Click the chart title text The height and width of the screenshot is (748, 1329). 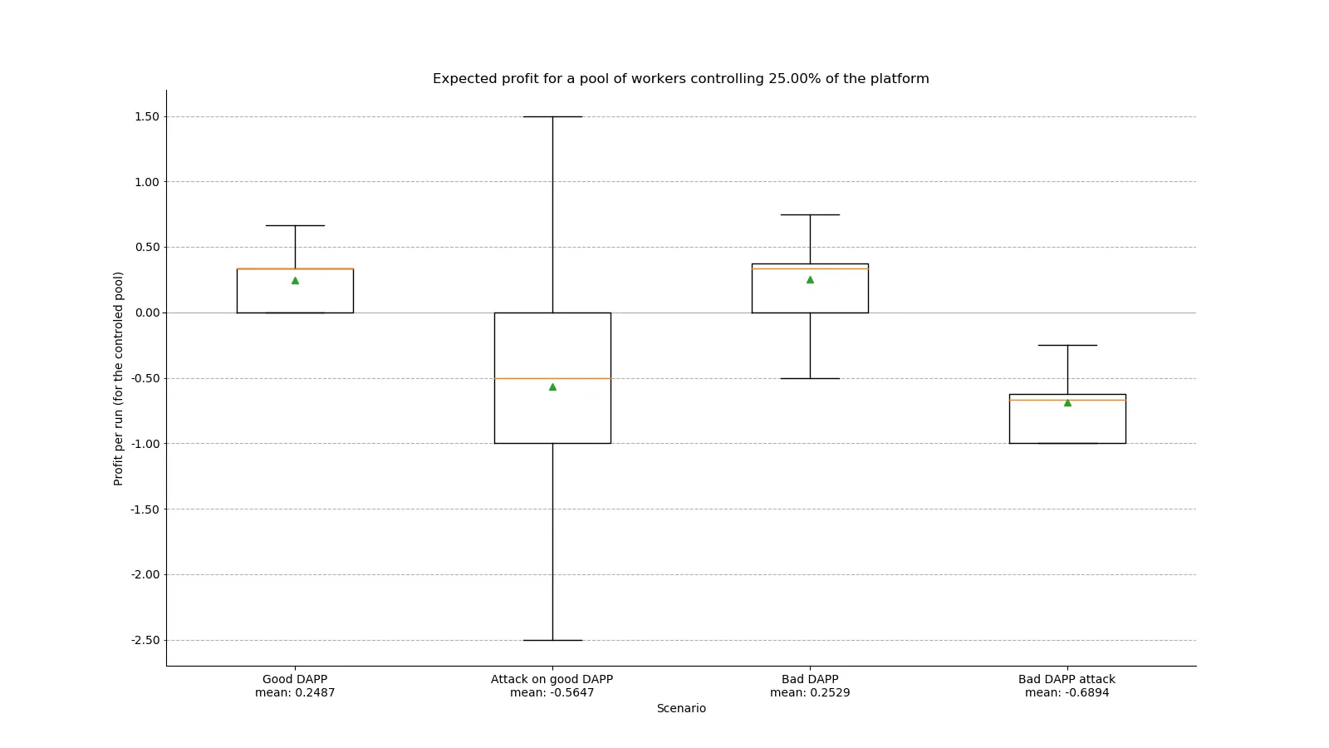coord(680,79)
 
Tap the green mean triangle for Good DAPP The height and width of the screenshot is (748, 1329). coord(295,281)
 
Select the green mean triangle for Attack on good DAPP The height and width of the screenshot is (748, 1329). coord(552,387)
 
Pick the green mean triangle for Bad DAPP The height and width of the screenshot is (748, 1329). coord(810,280)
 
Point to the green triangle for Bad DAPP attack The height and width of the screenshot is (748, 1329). coord(1067,403)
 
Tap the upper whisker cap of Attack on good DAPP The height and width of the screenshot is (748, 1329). coord(552,116)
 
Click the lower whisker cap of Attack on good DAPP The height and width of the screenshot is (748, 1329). coord(552,640)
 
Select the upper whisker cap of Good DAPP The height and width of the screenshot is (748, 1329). coord(295,225)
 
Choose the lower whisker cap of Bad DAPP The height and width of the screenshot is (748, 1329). coord(810,378)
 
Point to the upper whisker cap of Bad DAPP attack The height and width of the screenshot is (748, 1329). coord(1067,345)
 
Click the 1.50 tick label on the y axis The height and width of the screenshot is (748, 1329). coord(146,116)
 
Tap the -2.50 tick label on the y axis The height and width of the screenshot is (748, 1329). coord(145,640)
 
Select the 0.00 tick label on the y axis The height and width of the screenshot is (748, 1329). coord(146,312)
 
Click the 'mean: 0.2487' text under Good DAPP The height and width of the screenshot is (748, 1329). coord(295,692)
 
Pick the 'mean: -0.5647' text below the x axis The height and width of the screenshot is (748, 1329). coord(552,692)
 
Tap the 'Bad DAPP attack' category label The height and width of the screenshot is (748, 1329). coord(1067,679)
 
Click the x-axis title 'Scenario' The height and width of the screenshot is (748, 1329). coord(681,708)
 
